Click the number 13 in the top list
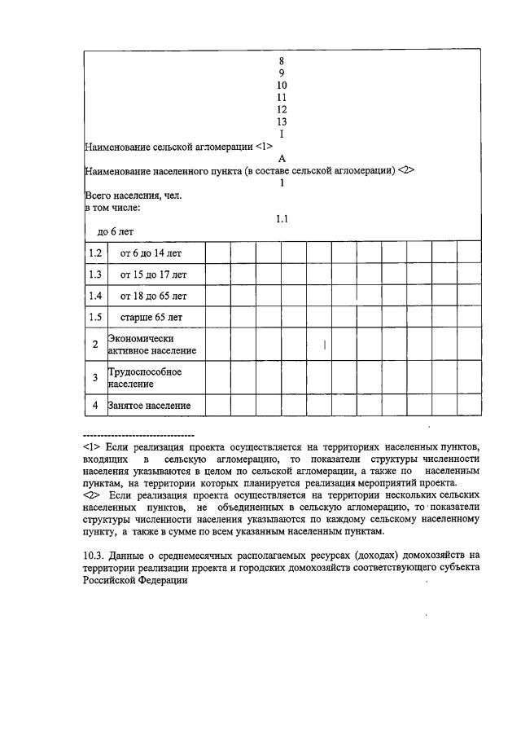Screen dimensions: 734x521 [282, 121]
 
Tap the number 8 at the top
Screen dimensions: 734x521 [282, 60]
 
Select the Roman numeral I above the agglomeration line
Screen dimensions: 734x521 [282, 134]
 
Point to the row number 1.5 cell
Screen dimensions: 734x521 [95, 318]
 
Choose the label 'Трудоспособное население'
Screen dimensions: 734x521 [144, 377]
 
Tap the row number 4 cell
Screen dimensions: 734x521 [95, 405]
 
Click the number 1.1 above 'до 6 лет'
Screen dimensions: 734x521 [282, 219]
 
